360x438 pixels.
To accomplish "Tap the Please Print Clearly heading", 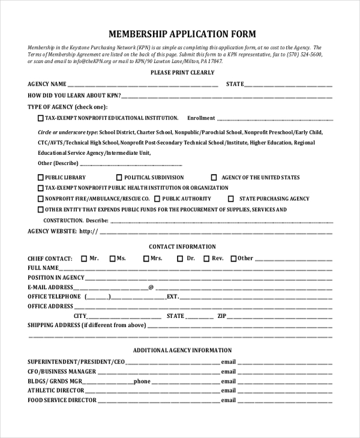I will coord(182,73).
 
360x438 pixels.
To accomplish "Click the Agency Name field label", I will coord(47,84).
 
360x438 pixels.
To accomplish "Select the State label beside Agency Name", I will coord(235,84).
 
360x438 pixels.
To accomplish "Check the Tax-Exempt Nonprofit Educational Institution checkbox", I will coord(41,118).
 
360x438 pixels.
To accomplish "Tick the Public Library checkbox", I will coord(41,178).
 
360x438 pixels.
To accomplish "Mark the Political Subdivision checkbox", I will coord(119,178).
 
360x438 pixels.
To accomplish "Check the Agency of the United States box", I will coord(214,178).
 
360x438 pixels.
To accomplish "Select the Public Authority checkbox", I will coord(157,199).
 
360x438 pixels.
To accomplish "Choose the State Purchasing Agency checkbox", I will coord(232,199).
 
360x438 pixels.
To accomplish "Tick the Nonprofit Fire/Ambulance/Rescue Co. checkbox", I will coord(41,199).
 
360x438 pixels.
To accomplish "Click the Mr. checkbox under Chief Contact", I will coord(83,259).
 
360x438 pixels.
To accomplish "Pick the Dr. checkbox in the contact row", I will coord(180,259).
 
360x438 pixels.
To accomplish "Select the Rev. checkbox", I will coord(206,259).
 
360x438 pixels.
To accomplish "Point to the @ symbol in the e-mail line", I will coord(151,287).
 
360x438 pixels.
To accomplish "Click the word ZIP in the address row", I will coord(221,316).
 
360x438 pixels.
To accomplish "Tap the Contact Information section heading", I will coord(182,247).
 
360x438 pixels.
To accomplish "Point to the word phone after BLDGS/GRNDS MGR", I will coord(142,381).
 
